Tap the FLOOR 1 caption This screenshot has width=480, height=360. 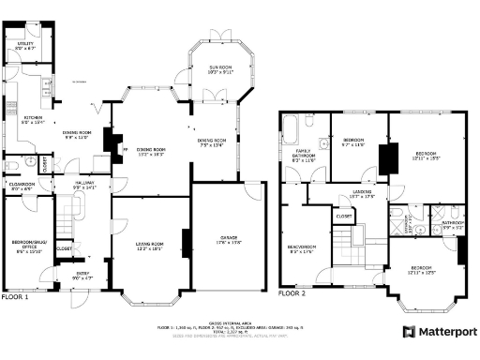[15, 297]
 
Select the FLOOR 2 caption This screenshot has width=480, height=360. [292, 292]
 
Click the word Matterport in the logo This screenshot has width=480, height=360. [448, 331]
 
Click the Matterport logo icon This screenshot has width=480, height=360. [410, 331]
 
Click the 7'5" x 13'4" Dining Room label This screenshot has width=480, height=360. [212, 143]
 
